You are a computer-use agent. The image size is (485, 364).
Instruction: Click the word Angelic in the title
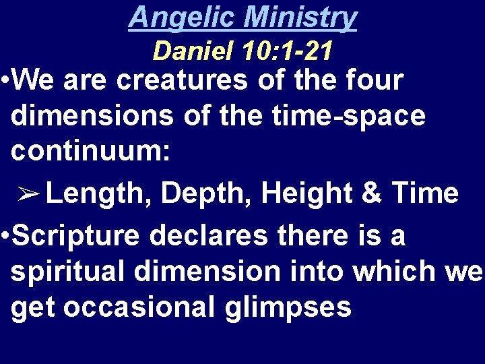point(176,18)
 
